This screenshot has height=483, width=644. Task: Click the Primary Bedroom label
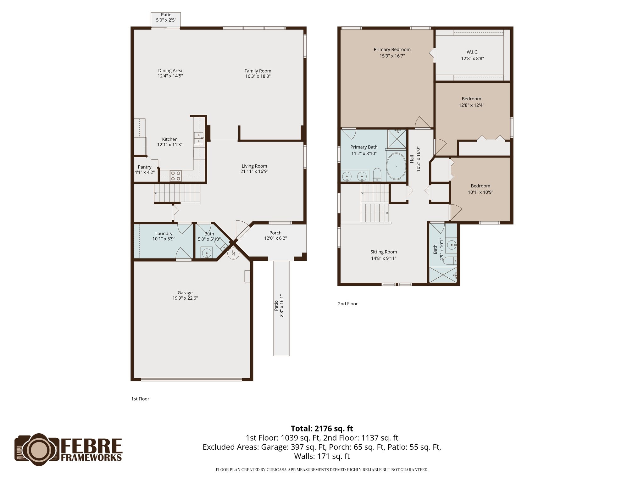392,49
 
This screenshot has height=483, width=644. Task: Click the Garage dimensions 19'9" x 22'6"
185,298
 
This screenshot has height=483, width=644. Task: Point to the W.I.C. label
472,52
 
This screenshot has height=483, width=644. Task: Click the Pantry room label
144,167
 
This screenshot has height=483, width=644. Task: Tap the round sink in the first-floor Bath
207,252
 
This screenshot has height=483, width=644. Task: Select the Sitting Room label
383,252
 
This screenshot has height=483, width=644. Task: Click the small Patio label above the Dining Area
166,15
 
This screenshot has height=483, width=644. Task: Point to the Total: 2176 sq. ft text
322,429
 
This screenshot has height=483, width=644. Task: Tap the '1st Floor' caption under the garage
140,399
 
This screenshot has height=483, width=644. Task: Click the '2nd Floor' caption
347,304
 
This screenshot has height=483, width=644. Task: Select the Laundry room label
164,233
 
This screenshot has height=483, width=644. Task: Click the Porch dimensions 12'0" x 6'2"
275,238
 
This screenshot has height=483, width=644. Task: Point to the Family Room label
258,71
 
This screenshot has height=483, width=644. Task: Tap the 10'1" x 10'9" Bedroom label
480,186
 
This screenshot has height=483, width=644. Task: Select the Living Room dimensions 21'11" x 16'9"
254,171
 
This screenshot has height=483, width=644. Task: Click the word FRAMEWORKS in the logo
91,457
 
